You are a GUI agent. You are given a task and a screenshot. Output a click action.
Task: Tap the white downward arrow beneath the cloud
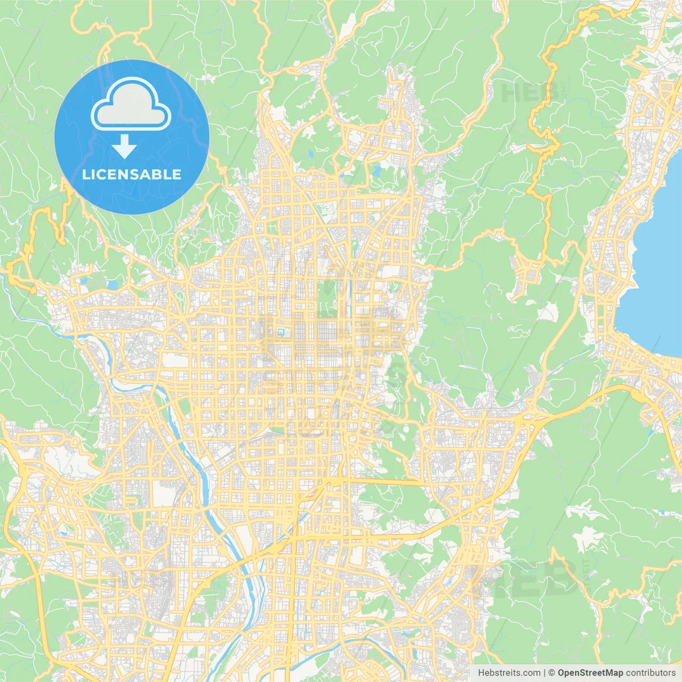(125, 147)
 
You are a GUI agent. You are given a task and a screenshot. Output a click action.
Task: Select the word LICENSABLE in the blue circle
(132, 175)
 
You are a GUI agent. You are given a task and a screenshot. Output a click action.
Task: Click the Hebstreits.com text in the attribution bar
(509, 673)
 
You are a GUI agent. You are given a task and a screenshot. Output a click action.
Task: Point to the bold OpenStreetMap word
(590, 673)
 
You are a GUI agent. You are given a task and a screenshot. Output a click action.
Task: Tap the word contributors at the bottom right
(651, 673)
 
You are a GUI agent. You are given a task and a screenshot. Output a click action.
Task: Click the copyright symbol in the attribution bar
(552, 673)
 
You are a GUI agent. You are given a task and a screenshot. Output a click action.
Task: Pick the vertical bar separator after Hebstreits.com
(545, 673)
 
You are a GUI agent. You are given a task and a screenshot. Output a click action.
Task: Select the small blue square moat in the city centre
(281, 333)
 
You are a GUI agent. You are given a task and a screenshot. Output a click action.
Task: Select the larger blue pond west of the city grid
(113, 285)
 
